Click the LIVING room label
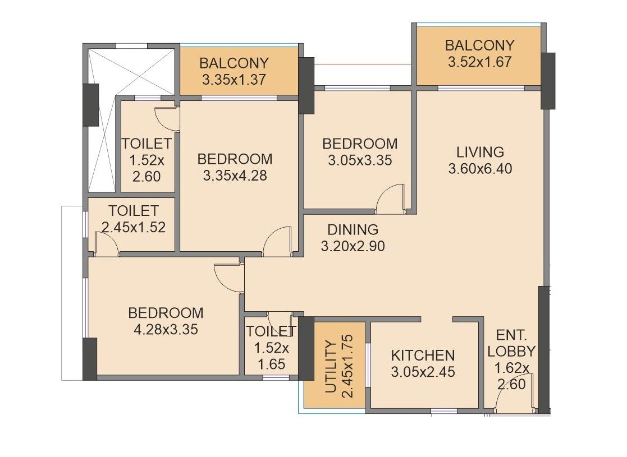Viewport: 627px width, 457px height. point(480,151)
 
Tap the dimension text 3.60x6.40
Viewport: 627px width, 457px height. point(480,168)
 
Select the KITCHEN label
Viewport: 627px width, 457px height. point(423,355)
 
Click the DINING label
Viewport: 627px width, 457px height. point(353,229)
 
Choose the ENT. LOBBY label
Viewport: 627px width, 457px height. point(511,343)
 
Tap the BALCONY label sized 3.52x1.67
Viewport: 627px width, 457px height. point(479,45)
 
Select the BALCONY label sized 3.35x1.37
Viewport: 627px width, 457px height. point(234,63)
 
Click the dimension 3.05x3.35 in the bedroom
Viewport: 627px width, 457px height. point(359,160)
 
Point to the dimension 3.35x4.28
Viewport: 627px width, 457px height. point(234,176)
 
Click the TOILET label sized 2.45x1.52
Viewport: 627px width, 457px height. point(134,211)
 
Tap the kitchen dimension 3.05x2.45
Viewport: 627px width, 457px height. point(423,371)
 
